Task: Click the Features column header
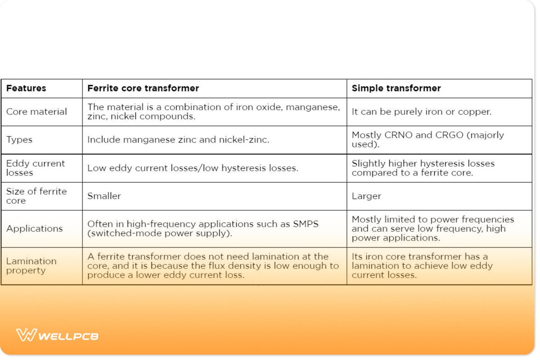[x=26, y=88]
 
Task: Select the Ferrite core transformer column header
[x=143, y=88]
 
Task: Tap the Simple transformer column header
[x=396, y=88]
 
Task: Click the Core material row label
[x=36, y=112]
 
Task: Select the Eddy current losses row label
[x=36, y=168]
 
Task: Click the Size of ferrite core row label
[x=36, y=196]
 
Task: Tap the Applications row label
[x=35, y=229]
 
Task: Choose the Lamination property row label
[x=31, y=265]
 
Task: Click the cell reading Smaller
[x=104, y=196]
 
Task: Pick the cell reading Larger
[x=366, y=196]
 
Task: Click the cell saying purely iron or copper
[x=422, y=112]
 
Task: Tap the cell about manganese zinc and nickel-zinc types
[x=178, y=139]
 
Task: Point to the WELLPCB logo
[x=57, y=335]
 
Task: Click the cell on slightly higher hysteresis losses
[x=423, y=168]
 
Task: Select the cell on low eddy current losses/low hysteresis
[x=193, y=168]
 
